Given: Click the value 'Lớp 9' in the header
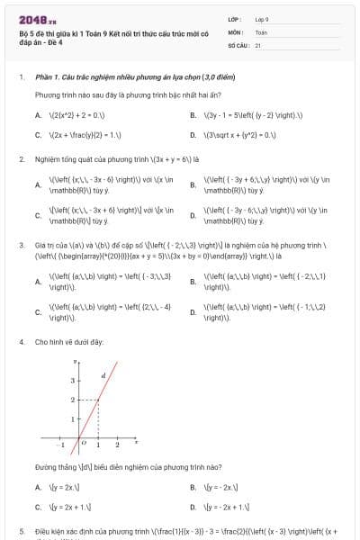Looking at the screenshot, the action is click(x=262, y=18).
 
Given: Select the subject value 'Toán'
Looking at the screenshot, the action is click(x=261, y=31).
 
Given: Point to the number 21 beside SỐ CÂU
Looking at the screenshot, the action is click(x=258, y=44).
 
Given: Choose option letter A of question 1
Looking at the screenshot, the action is click(x=38, y=115).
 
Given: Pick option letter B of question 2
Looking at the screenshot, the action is click(x=193, y=185).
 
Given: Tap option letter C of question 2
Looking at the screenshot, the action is click(x=38, y=215).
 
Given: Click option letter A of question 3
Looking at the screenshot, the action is click(x=38, y=281).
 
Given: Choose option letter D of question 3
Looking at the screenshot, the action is click(x=193, y=312).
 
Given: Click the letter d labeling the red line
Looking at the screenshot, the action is click(x=103, y=374).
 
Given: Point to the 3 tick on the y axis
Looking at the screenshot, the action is click(x=73, y=381).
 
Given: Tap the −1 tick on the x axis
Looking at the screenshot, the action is click(x=61, y=445).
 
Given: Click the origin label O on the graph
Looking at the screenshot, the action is click(x=83, y=444).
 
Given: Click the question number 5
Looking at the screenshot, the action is click(x=22, y=532).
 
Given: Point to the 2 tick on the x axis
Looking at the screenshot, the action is click(x=116, y=445).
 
